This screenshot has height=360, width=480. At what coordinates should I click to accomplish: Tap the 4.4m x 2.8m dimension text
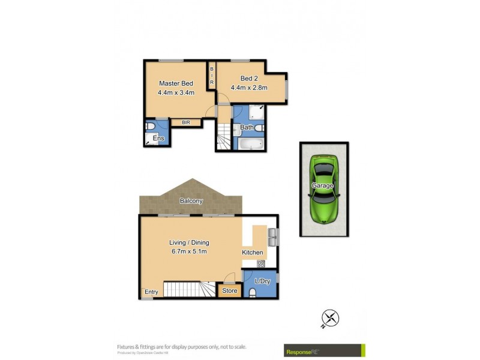249,88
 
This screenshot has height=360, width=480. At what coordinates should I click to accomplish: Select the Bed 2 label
249,78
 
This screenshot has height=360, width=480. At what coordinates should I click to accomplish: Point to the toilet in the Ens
151,127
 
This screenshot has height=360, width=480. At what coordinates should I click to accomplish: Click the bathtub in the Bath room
249,145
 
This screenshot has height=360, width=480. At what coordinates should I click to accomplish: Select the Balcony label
191,201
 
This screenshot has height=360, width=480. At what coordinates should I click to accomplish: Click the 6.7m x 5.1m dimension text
188,251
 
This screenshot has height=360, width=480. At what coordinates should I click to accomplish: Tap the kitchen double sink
271,237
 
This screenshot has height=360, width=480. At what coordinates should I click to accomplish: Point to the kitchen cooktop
261,263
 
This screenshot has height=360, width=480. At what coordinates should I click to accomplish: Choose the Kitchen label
253,253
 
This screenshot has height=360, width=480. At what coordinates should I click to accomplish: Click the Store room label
229,291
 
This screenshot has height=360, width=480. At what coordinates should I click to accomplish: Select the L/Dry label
263,281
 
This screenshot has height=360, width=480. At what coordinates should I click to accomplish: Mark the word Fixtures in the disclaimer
127,346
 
